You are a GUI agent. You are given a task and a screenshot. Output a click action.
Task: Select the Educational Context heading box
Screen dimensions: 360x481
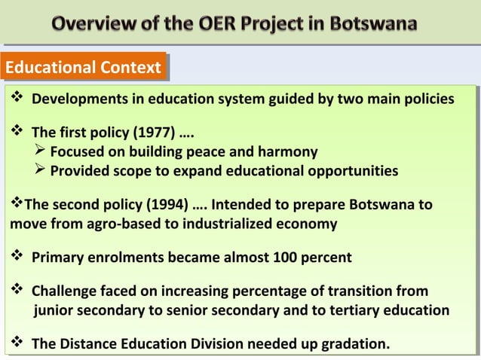click(83, 69)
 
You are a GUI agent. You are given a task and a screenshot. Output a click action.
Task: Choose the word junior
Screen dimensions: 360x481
click(54, 310)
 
